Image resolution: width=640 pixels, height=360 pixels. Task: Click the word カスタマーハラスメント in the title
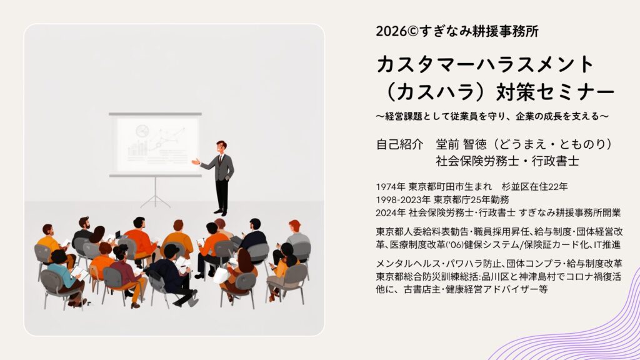[485, 64]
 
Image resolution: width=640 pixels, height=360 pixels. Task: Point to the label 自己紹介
[399, 144]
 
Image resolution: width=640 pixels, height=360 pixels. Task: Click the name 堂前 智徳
[461, 144]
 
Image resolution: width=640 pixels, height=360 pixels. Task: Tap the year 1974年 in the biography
[391, 187]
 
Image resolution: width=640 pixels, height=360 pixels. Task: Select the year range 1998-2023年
[403, 200]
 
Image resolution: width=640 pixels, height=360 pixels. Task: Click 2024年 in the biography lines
[391, 212]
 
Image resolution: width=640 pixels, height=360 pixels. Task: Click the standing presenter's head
[221, 147]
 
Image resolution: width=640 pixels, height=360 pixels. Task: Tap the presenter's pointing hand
[196, 162]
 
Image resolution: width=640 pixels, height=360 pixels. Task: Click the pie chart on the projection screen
[142, 131]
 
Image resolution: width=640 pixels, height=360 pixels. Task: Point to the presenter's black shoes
[221, 212]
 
